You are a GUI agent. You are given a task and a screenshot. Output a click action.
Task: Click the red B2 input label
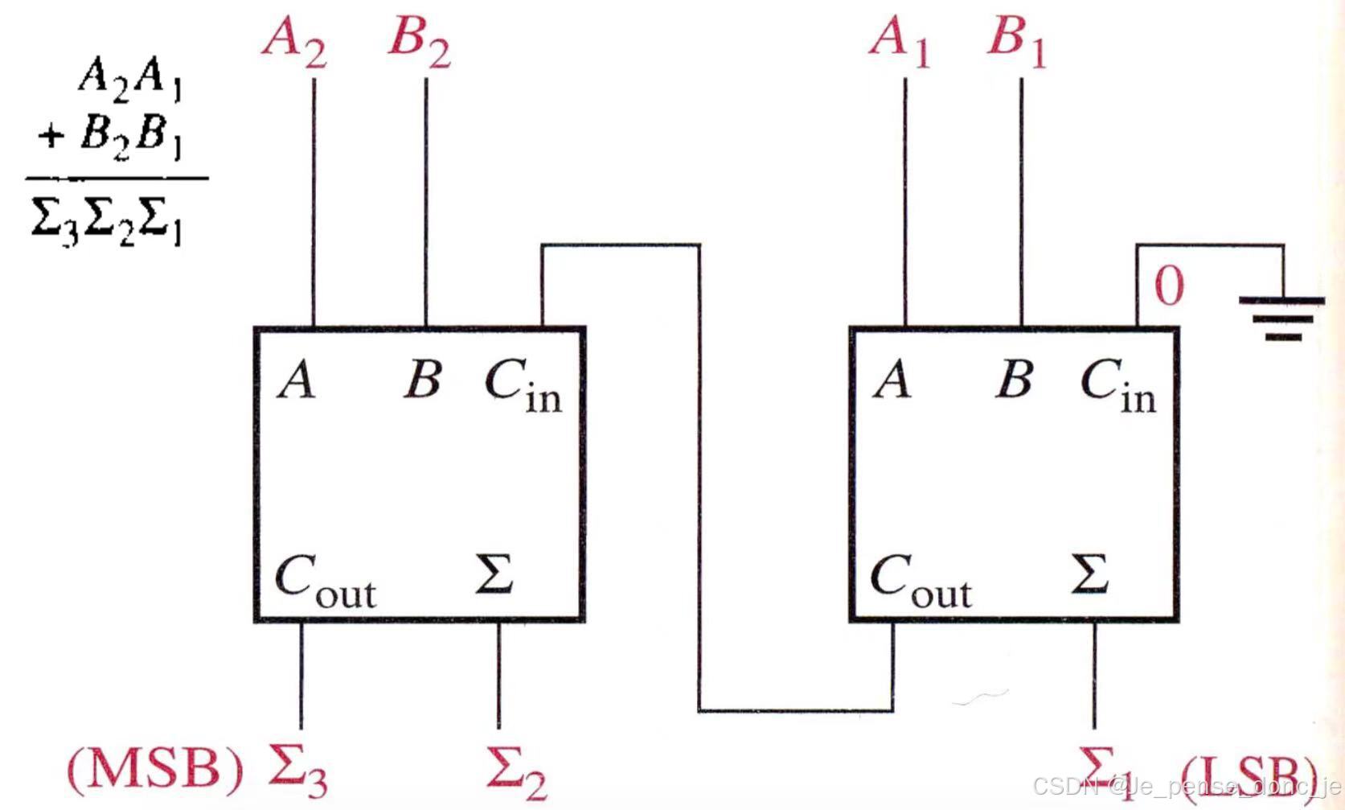coord(418,40)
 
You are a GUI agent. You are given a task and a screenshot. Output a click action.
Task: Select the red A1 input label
coord(899,40)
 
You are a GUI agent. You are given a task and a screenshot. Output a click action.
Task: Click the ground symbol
coord(1282,318)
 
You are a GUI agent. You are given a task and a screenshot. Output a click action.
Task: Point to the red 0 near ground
coord(1169,286)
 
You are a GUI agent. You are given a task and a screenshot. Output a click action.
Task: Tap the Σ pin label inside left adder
coord(494,574)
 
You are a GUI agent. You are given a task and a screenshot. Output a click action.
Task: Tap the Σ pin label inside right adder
coord(1089,574)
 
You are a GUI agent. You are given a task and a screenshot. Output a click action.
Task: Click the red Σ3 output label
coord(297,768)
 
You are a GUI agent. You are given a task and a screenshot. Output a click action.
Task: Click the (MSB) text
coord(154,768)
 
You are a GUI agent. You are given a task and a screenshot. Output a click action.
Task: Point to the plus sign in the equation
coord(50,134)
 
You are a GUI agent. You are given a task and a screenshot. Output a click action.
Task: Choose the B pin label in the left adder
coord(423,378)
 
